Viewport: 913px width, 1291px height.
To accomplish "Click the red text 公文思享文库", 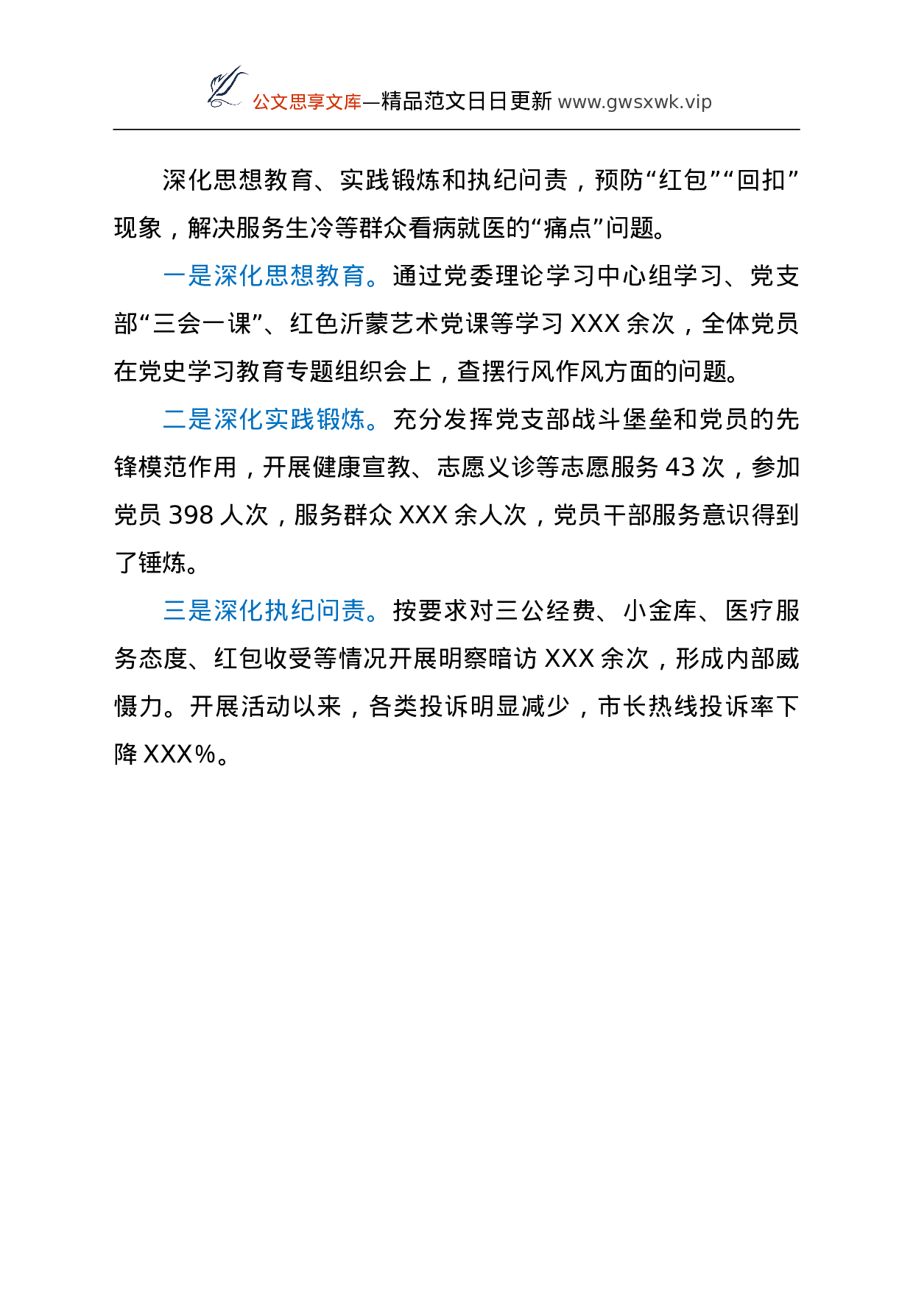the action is pos(307,102).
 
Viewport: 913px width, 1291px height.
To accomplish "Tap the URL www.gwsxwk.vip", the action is pos(635,102).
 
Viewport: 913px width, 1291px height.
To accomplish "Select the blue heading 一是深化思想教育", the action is pos(264,276).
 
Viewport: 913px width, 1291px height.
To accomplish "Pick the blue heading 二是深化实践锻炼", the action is pos(264,420).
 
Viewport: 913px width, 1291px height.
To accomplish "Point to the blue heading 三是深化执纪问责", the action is pos(264,611).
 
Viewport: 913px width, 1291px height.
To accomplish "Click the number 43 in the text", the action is pos(680,467).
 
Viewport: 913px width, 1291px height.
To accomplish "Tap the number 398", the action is pos(191,515).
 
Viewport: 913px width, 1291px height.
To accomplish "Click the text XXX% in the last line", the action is pos(180,754).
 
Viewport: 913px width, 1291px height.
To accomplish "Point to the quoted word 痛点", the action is pos(568,228).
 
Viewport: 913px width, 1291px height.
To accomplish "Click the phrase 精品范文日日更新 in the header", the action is pos(467,102).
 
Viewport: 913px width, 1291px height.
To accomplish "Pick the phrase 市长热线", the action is pos(649,707).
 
